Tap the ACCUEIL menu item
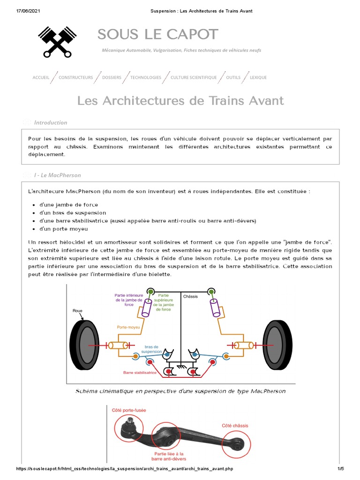coord(41,77)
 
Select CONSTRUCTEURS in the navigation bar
coord(76,77)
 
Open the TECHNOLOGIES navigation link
coord(146,77)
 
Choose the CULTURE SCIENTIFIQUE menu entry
coord(194,77)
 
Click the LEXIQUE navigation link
coord(258,77)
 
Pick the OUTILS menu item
coord(233,77)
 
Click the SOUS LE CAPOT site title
coord(158,34)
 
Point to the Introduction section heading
coord(51,122)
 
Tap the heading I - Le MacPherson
coord(57,175)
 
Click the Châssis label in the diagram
coord(191,296)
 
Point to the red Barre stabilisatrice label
coord(140,373)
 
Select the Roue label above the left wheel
coord(78,311)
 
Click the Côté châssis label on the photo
coord(235,426)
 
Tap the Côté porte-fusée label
coord(129,410)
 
